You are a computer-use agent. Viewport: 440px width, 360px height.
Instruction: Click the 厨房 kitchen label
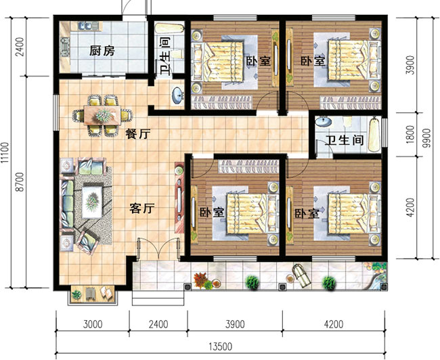pyautogui.click(x=102, y=51)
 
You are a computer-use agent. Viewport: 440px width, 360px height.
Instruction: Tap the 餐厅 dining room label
pyautogui.click(x=138, y=134)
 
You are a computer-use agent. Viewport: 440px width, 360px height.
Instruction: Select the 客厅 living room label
pyautogui.click(x=142, y=208)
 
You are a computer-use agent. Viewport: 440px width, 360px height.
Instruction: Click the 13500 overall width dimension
pyautogui.click(x=220, y=347)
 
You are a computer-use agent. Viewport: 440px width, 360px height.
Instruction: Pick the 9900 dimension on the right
pyautogui.click(x=426, y=138)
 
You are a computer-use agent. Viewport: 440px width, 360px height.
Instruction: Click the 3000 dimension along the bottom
pyautogui.click(x=93, y=325)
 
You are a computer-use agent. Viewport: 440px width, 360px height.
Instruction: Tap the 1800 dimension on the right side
pyautogui.click(x=410, y=135)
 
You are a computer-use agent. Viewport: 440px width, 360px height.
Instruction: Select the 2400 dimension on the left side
pyautogui.click(x=20, y=47)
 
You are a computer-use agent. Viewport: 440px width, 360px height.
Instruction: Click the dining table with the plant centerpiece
pyautogui.click(x=102, y=115)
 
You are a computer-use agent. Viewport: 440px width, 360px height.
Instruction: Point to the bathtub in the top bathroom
pyautogui.click(x=169, y=28)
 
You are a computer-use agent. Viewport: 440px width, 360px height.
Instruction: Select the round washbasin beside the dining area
pyautogui.click(x=177, y=95)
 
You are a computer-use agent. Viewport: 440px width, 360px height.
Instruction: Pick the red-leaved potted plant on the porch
pyautogui.click(x=201, y=279)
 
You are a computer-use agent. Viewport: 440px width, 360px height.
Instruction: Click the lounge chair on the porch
pyautogui.click(x=301, y=275)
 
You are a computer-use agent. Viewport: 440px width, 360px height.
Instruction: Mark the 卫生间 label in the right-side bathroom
pyautogui.click(x=345, y=140)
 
